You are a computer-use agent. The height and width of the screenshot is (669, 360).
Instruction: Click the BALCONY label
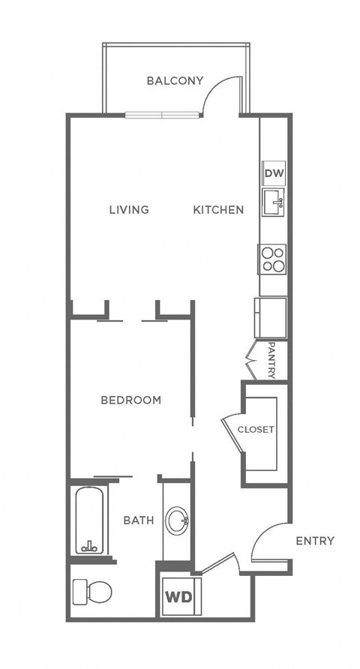175,80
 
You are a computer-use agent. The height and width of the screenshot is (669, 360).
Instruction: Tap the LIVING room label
129,209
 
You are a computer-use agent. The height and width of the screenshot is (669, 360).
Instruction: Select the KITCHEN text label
218,209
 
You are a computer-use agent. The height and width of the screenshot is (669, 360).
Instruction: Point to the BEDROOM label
131,400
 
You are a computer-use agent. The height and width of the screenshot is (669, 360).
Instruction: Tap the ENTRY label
314,541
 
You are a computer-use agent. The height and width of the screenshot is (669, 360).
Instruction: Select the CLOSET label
256,430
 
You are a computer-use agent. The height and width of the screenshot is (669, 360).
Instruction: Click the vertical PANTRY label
272,361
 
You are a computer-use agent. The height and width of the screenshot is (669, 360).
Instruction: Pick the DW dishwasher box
273,174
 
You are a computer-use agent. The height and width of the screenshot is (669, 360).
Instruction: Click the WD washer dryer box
178,598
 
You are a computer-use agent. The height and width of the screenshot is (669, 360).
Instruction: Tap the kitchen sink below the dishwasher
273,202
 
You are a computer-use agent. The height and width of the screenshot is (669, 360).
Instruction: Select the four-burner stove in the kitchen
273,259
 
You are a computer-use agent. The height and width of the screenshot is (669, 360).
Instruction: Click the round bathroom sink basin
178,521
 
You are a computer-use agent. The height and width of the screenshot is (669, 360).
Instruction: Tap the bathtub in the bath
90,520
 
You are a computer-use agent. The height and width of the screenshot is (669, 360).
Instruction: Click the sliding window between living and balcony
163,115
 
